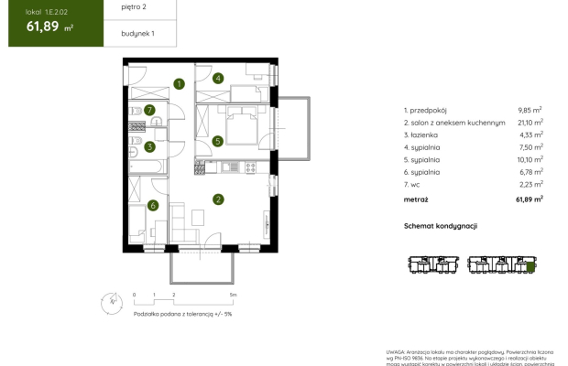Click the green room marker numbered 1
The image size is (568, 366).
coord(180,84)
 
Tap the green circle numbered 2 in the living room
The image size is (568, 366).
coord(218,199)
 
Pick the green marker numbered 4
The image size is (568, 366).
coord(218,79)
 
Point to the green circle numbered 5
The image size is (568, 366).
coord(218,141)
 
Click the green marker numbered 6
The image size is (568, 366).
coord(154,205)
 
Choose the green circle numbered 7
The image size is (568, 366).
coord(149,111)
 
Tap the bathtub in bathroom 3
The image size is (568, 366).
coord(146,167)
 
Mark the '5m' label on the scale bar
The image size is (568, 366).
coord(234,296)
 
